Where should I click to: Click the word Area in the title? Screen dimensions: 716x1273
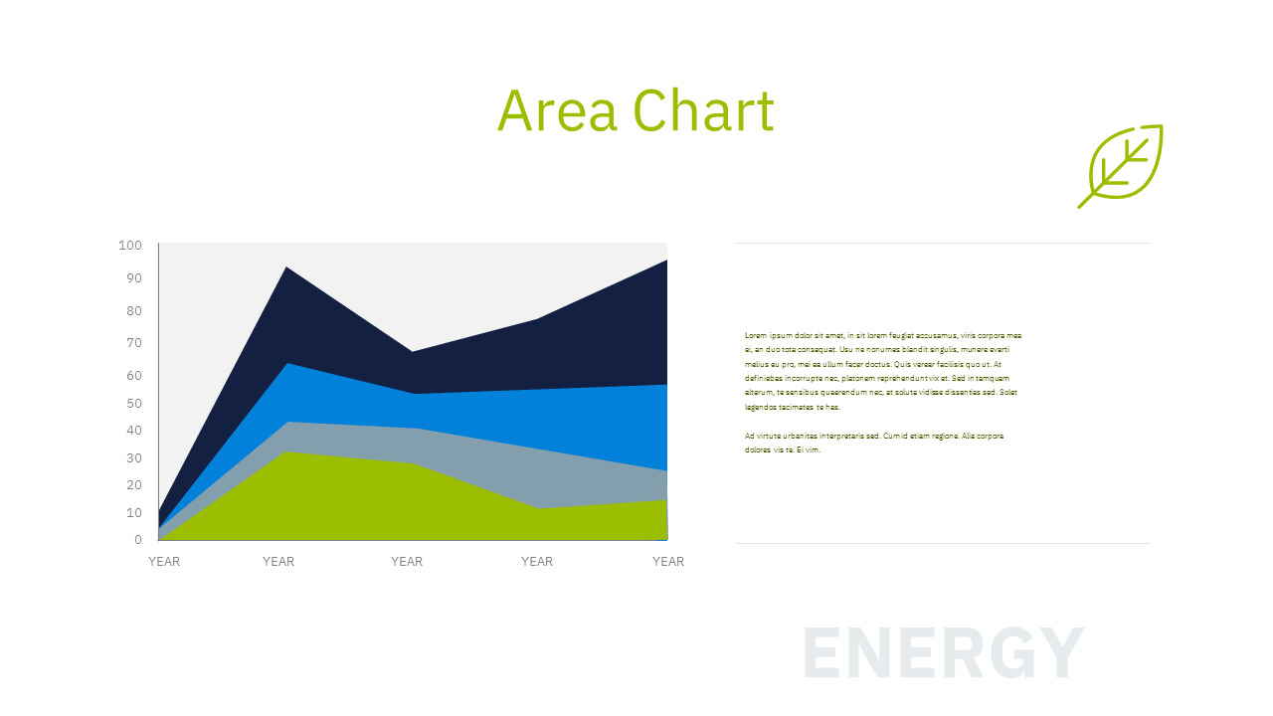click(558, 110)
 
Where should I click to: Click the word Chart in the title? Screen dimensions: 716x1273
click(703, 110)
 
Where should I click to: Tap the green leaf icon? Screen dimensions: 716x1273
click(1122, 165)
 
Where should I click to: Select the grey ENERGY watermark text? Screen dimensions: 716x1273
click(942, 653)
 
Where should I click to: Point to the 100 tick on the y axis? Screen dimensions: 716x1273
click(130, 246)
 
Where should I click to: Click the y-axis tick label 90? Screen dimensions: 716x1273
click(133, 278)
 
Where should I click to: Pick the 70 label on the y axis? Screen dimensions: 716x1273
click(133, 343)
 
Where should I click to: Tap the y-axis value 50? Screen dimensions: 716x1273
click(133, 404)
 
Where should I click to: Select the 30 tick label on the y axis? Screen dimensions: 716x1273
click(133, 458)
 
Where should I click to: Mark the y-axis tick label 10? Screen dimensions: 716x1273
click(133, 513)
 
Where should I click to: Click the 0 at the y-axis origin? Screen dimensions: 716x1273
click(138, 540)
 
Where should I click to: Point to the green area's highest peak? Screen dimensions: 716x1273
click(286, 453)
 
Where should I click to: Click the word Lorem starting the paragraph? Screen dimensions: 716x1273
click(756, 336)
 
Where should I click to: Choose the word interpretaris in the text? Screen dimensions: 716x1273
click(848, 437)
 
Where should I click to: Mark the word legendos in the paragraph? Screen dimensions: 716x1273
click(761, 408)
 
